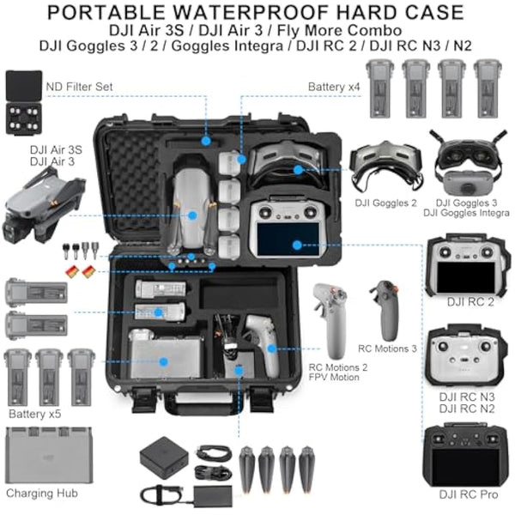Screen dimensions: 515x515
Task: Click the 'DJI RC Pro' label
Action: click(466, 494)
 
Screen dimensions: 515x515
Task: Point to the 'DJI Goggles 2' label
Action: click(384, 203)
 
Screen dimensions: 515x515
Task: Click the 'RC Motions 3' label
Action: click(387, 348)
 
